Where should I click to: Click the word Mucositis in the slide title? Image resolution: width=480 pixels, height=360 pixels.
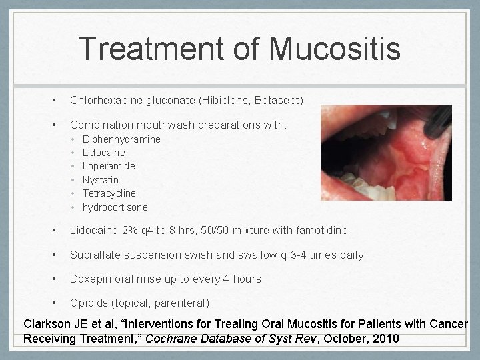tap(335, 49)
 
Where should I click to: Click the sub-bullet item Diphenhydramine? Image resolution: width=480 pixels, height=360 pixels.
tap(121, 139)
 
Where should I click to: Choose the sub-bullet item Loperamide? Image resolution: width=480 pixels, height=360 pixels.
tap(109, 166)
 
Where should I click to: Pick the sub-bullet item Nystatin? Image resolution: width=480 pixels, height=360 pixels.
tap(101, 180)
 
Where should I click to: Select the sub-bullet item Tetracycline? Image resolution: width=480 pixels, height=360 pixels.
tap(109, 193)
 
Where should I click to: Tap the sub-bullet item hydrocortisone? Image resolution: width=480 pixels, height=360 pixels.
tap(115, 207)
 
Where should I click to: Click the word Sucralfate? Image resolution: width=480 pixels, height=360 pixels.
tap(95, 255)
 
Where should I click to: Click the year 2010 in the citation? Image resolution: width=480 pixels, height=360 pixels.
tap(385, 339)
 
